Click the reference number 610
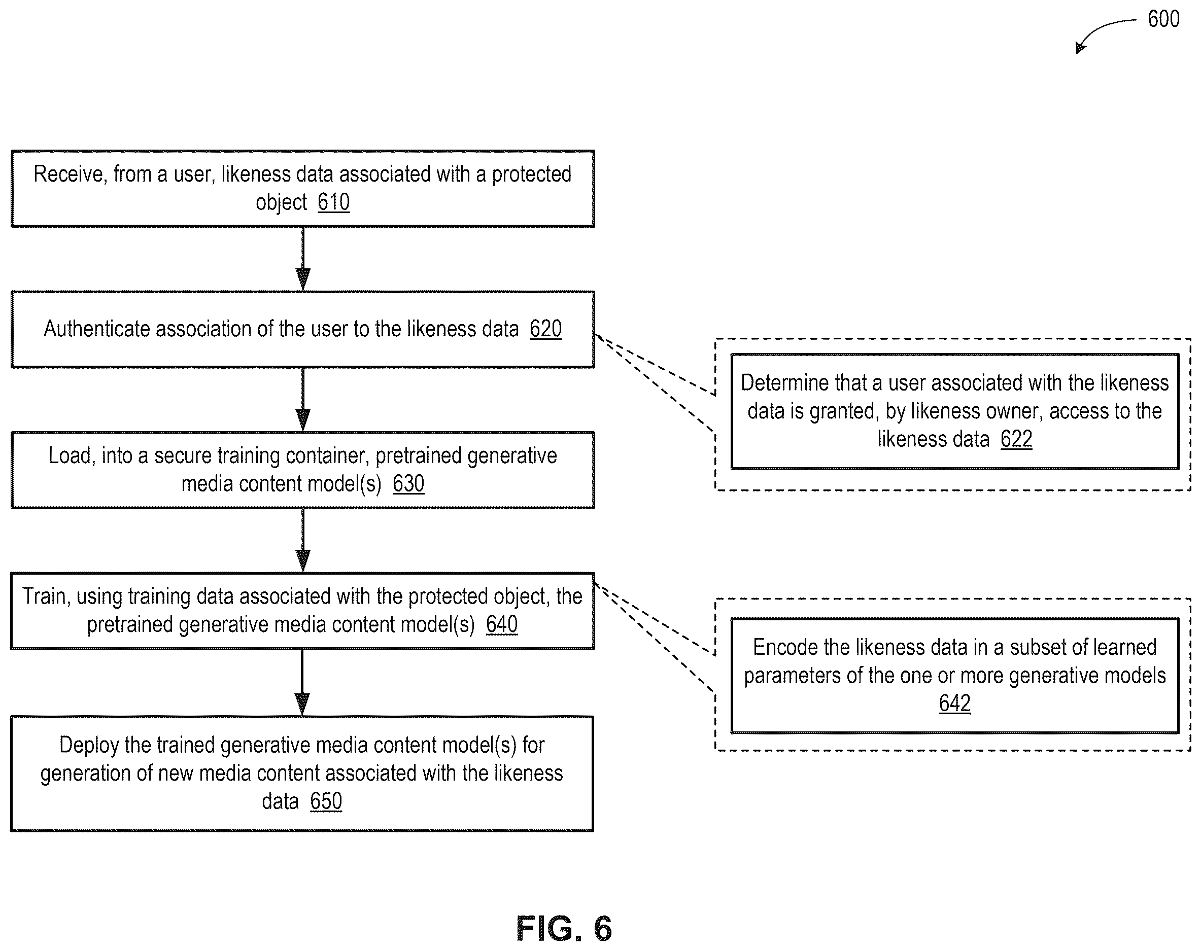click(334, 202)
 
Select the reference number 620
click(545, 329)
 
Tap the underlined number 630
click(408, 483)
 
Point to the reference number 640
click(501, 624)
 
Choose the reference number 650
click(326, 801)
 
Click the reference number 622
click(1016, 439)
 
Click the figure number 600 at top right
click(1163, 19)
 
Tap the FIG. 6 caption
click(564, 928)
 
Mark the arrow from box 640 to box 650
click(302, 683)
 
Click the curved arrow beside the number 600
click(1100, 28)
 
